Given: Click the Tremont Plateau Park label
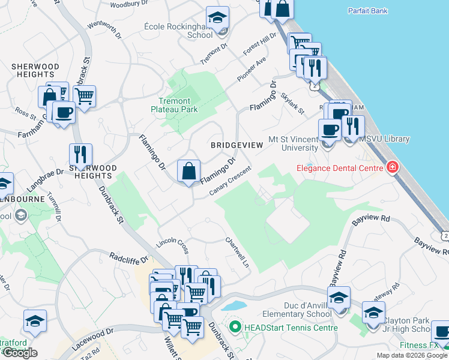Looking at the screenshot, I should (x=174, y=106).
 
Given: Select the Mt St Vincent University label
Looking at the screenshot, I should (x=293, y=143).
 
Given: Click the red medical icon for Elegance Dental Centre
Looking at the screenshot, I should (x=393, y=167).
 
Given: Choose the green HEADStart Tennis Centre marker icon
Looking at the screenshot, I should (x=235, y=328).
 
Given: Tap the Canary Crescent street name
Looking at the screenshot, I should (x=230, y=181).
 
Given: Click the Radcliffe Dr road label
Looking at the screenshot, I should (x=129, y=257).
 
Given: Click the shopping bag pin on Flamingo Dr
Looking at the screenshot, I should (x=189, y=171).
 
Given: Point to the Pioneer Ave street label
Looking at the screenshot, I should (x=251, y=70).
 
